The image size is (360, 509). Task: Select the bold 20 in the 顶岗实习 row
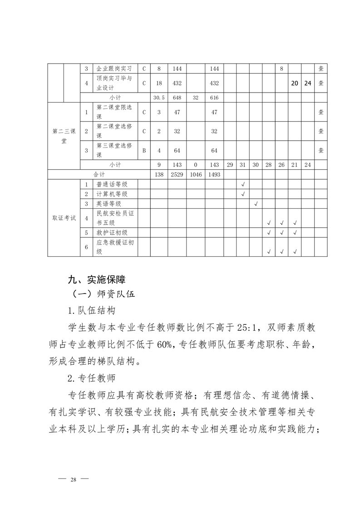295,83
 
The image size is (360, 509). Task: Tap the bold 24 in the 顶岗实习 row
308,83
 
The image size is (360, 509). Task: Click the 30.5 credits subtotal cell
158,98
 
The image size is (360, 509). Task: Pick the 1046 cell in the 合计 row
196,174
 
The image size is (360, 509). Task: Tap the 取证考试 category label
64,218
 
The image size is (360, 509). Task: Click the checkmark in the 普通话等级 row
243,184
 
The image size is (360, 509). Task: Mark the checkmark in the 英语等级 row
256,204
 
